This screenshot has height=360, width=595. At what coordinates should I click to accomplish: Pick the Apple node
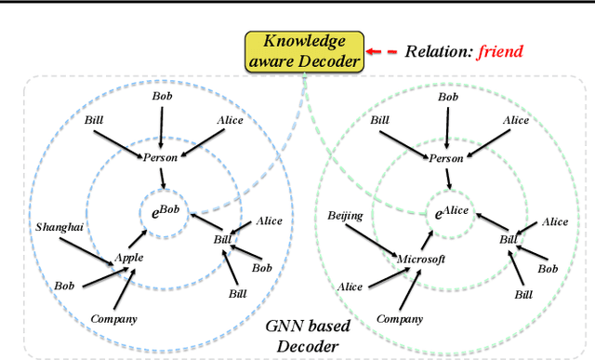[x=128, y=257]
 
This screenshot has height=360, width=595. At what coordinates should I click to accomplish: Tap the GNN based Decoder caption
[x=304, y=336]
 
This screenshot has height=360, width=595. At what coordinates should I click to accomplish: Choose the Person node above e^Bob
[x=159, y=158]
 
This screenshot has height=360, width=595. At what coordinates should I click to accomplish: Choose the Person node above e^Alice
[x=444, y=158]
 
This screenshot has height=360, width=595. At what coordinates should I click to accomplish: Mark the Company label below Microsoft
[x=400, y=319]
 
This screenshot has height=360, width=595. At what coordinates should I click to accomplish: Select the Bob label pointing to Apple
[x=64, y=285]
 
